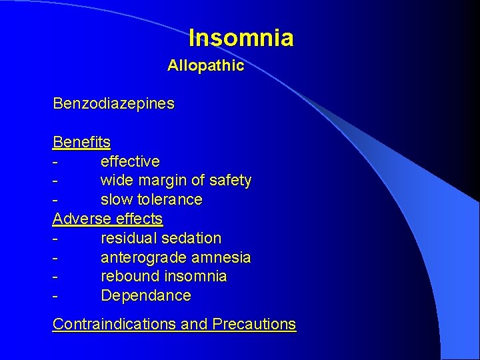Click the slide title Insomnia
point(241,38)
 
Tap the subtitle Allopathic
point(205,66)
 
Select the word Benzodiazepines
point(113,104)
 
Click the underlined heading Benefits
point(81,142)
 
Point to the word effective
point(130,161)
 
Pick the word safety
point(230,181)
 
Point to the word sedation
point(190,238)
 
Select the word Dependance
point(145,295)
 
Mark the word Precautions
point(254,324)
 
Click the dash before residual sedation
point(55,239)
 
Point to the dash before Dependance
point(55,296)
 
